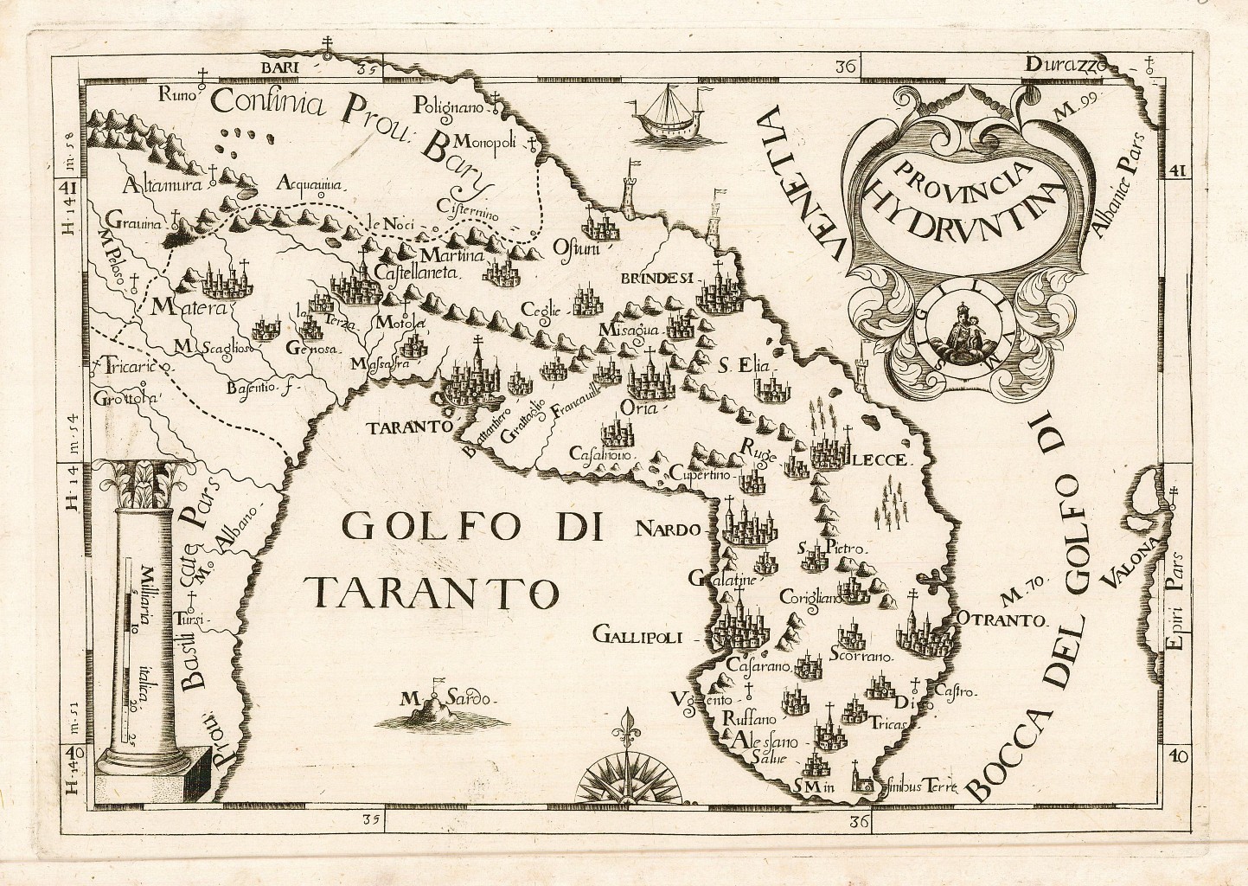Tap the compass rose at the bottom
(621, 771)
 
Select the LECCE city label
(879, 460)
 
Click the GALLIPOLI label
(638, 638)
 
